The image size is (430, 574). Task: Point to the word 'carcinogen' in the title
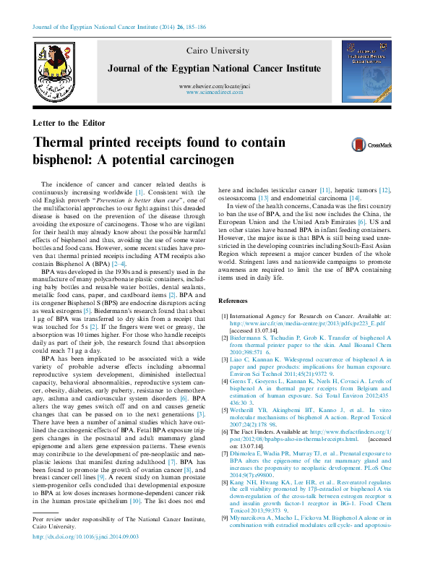195,157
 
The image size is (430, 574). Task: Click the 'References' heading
233,280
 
